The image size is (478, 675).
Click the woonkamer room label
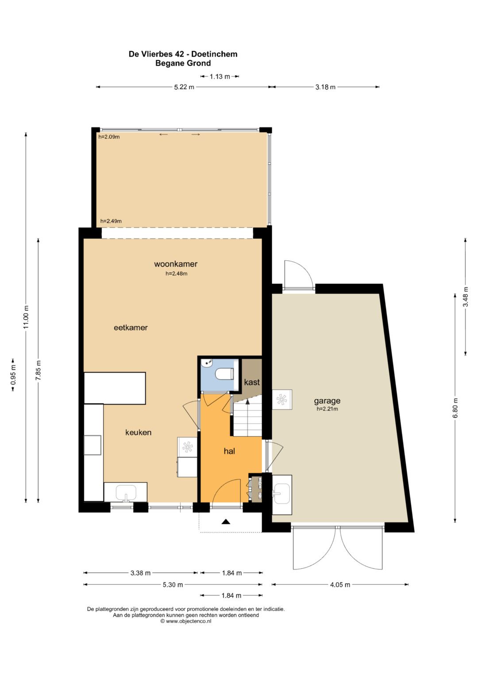tap(176, 264)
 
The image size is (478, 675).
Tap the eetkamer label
tap(131, 328)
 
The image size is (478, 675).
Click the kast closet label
tap(252, 382)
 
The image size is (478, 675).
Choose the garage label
tap(327, 401)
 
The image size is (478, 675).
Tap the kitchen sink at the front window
tap(126, 492)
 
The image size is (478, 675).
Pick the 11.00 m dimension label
tap(26, 317)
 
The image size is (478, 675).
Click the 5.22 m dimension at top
tap(184, 87)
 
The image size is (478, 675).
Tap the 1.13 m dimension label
tap(220, 76)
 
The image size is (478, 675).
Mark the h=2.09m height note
tap(109, 137)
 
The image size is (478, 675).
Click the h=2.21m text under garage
tap(327, 409)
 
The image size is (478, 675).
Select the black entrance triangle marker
tap(226, 522)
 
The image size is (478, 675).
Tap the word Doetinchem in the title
tap(215, 54)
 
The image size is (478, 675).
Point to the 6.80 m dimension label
tap(455, 408)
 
